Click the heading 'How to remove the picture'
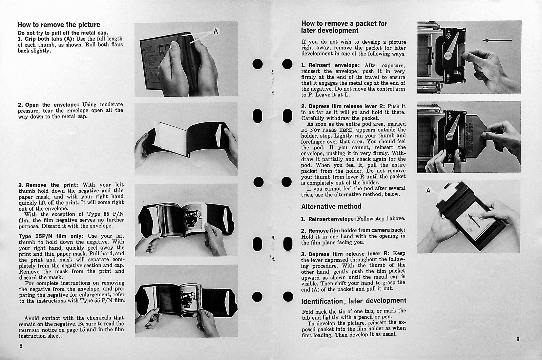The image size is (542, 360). (59, 25)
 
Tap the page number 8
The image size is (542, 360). (21, 346)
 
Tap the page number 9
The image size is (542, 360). (518, 339)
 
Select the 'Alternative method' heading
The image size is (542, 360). (331, 206)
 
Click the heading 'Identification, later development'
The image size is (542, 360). (354, 301)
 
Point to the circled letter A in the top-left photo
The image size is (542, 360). (216, 31)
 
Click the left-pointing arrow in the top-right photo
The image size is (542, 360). (497, 40)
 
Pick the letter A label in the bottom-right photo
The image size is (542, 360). (428, 191)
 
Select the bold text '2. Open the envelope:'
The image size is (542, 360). (48, 105)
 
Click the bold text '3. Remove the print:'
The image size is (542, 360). (48, 185)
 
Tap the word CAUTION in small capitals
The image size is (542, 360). (29, 330)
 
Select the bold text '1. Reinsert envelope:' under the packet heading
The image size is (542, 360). (331, 65)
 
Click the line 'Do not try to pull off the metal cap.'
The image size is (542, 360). (63, 33)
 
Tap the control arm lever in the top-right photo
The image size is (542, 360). (452, 46)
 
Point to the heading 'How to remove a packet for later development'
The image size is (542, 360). (344, 27)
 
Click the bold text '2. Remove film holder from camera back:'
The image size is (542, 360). (353, 230)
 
